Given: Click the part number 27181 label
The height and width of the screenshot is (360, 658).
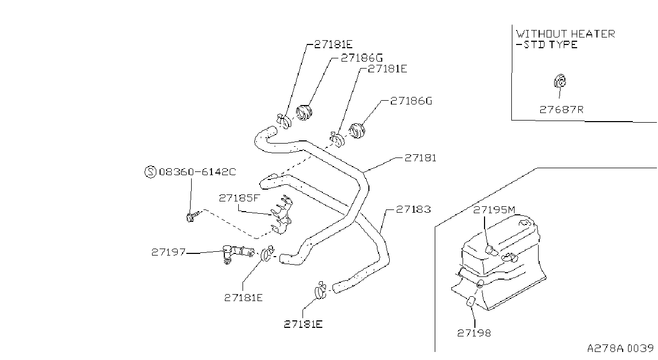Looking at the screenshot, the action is click(x=420, y=158).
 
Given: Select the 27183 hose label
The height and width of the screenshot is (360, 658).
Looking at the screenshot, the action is click(x=413, y=209).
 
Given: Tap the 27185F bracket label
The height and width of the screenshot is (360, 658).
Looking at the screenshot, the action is click(x=239, y=198).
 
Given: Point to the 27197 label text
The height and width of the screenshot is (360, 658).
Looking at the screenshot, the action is click(x=168, y=252).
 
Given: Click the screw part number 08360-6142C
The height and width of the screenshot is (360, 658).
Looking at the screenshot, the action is click(x=198, y=172).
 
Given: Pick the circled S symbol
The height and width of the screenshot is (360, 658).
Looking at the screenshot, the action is click(x=150, y=172).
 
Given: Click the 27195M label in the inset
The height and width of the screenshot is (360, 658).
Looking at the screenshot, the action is click(x=494, y=210).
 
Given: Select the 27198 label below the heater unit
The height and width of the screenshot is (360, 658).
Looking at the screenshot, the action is click(x=474, y=333).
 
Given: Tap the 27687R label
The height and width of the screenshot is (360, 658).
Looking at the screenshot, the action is click(x=561, y=110).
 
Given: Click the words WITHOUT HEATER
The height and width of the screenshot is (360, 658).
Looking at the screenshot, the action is click(x=565, y=34).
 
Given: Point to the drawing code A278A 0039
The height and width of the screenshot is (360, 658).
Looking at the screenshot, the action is click(x=621, y=348).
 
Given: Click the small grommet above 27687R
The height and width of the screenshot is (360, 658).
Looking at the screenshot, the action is click(x=560, y=81).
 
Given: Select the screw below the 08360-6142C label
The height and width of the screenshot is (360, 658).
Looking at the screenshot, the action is click(x=192, y=216).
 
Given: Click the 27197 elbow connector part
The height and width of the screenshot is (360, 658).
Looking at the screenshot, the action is click(x=237, y=253).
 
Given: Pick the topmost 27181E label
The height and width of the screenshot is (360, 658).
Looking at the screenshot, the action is click(x=333, y=44).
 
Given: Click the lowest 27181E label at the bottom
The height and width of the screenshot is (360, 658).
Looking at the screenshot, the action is click(x=303, y=325).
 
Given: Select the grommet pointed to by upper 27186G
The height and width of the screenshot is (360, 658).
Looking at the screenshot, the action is click(x=304, y=112).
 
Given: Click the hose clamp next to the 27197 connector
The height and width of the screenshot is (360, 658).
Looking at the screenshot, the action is click(x=267, y=253).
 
